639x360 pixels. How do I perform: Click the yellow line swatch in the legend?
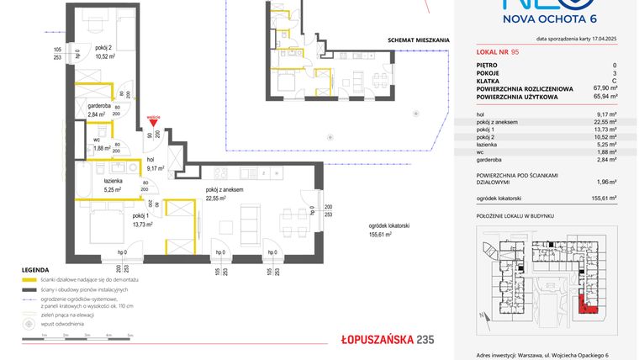coord(27,279)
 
